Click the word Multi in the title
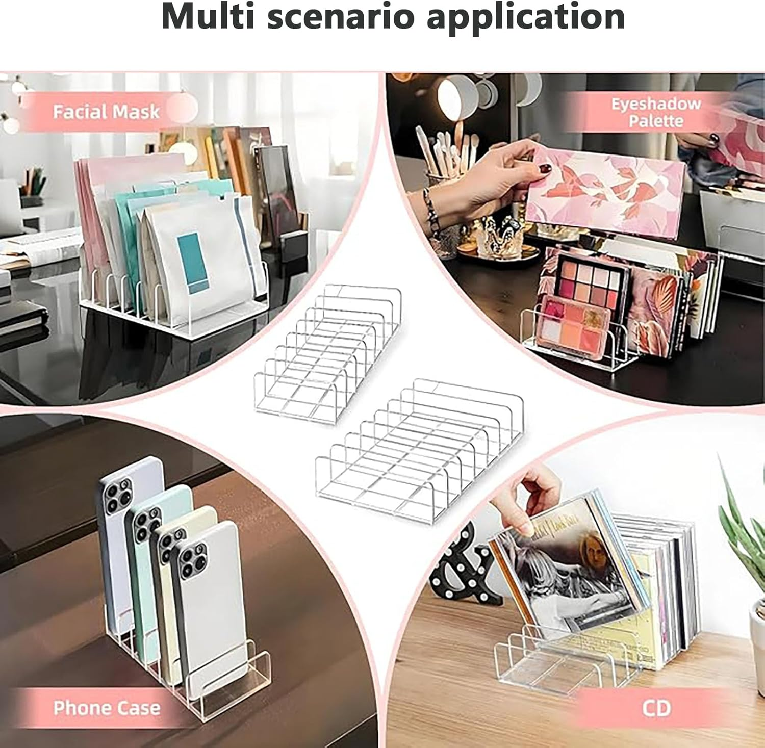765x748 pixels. click(209, 17)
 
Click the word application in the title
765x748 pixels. click(525, 17)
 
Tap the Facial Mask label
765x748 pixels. click(106, 112)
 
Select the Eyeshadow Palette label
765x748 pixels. click(656, 112)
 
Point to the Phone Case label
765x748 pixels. click(106, 708)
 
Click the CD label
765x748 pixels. click(656, 708)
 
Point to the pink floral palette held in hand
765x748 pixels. click(607, 194)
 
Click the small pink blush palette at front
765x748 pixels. click(574, 326)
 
